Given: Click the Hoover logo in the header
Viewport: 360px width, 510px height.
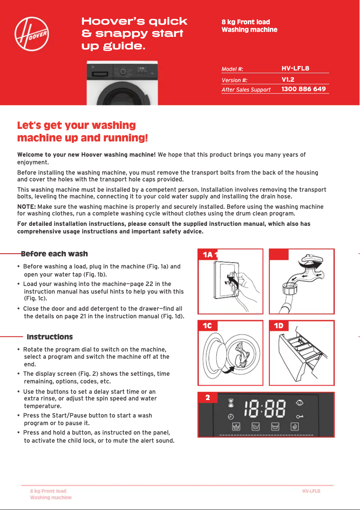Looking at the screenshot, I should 32,35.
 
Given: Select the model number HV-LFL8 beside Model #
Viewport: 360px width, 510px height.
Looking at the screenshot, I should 295,68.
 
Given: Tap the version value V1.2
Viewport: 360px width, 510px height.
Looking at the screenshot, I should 288,79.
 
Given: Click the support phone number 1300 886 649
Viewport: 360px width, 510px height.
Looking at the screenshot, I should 303,89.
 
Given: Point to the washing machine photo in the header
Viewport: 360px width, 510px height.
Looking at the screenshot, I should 122,84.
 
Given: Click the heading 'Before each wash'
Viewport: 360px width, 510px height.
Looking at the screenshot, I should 54,254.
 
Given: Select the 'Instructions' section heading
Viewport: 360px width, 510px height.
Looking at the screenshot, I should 50,337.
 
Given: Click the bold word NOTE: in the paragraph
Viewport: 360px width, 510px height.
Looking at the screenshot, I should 26,207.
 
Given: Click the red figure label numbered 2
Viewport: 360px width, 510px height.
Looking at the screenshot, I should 207,398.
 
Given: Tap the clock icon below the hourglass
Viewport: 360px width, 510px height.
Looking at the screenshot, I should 231,416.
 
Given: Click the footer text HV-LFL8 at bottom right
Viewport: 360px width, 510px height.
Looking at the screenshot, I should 311,491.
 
